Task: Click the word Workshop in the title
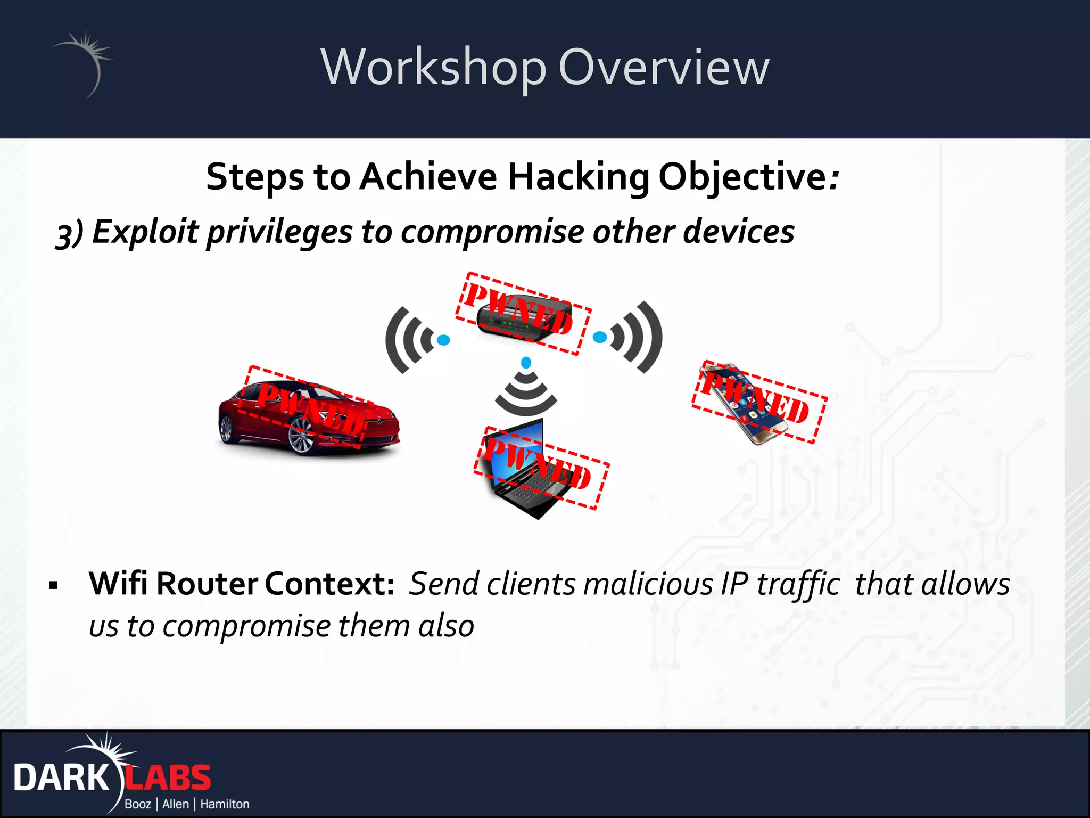tap(433, 68)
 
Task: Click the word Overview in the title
tap(664, 68)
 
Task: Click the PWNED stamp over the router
tap(523, 314)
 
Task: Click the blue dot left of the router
tap(443, 340)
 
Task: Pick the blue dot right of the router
tap(600, 337)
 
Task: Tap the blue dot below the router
tap(526, 363)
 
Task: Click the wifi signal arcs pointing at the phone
tap(641, 337)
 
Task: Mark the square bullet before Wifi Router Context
tap(53, 586)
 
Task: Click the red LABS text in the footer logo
tap(168, 778)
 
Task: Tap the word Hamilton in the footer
tap(225, 804)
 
